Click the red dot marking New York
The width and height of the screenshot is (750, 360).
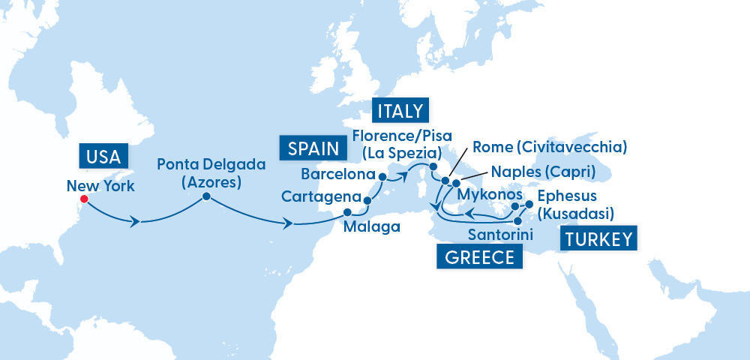pyautogui.click(x=84, y=199)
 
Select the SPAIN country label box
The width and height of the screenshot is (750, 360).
pyautogui.click(x=310, y=148)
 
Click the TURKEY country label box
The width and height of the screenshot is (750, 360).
pyautogui.click(x=598, y=240)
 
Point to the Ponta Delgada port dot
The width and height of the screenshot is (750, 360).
pyautogui.click(x=205, y=198)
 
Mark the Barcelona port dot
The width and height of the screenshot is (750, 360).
pyautogui.click(x=382, y=177)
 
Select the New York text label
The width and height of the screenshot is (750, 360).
pyautogui.click(x=100, y=186)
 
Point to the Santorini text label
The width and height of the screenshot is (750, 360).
pyautogui.click(x=500, y=235)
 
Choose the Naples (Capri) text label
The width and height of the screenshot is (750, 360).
pyautogui.click(x=542, y=172)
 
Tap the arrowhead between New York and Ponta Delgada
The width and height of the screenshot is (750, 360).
pyautogui.click(x=136, y=221)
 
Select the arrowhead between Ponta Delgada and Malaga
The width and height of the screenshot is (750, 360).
pyautogui.click(x=289, y=223)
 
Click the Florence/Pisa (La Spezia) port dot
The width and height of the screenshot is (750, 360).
pyautogui.click(x=433, y=166)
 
